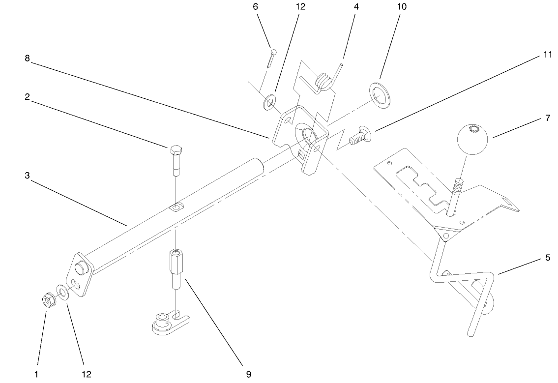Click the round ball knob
[473, 139]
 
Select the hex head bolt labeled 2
[176, 158]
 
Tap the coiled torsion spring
[323, 81]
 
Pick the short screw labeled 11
[359, 135]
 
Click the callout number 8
[28, 58]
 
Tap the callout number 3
[28, 175]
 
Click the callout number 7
[548, 119]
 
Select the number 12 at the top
[300, 7]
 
